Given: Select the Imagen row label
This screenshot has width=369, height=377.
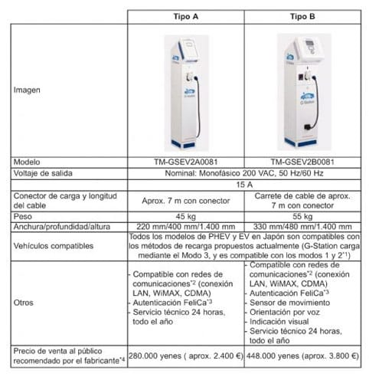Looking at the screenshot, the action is click(28, 90).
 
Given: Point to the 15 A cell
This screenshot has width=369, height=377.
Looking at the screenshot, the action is click(243, 185).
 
